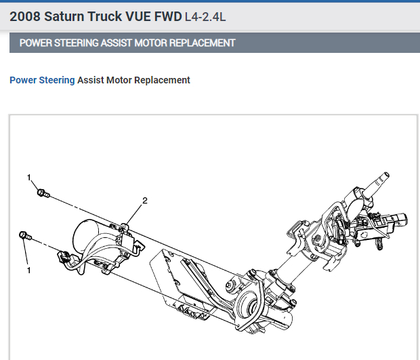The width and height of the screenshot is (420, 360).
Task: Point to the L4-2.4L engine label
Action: [205, 16]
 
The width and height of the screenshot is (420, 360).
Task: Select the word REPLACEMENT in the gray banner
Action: [207, 43]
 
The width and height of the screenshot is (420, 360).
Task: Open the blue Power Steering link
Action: [42, 80]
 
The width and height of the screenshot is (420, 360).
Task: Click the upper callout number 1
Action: [29, 178]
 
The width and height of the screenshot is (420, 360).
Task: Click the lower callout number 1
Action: [29, 270]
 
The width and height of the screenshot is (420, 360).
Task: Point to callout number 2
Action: [144, 201]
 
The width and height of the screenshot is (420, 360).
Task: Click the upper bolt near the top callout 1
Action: [42, 194]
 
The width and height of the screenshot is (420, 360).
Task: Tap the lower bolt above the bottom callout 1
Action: [25, 235]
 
